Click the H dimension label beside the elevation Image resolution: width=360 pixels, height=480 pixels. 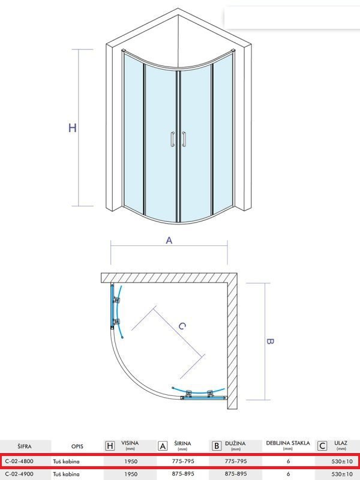click(x=72, y=128)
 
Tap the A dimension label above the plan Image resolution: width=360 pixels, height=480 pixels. click(x=169, y=241)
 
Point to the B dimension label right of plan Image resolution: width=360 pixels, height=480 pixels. click(x=269, y=341)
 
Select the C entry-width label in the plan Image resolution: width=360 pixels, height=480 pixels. click(x=182, y=326)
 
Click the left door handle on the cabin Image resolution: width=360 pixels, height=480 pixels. click(x=173, y=139)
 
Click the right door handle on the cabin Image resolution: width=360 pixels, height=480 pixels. click(x=184, y=139)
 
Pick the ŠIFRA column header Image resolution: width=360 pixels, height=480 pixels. click(x=24, y=446)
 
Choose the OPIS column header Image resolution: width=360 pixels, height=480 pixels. click(x=77, y=446)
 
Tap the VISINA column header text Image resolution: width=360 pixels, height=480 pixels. click(x=130, y=443)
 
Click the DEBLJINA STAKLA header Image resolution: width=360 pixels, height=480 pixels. click(x=288, y=443)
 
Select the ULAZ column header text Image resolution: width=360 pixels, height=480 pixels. click(x=341, y=443)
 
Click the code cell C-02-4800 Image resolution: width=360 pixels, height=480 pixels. click(x=19, y=461)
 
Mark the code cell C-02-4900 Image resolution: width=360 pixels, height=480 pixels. click(x=19, y=473)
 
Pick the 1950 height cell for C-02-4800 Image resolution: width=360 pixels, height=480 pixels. click(x=131, y=461)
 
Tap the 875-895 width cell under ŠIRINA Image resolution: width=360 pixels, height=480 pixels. click(x=183, y=473)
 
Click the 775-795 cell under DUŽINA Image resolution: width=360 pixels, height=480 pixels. click(x=236, y=461)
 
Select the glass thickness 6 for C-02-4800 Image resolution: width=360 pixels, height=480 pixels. click(x=288, y=461)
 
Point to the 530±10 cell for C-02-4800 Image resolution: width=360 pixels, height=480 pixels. click(x=342, y=461)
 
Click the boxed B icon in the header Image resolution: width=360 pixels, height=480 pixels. click(x=216, y=446)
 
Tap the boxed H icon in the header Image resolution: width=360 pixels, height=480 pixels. click(x=110, y=446)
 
